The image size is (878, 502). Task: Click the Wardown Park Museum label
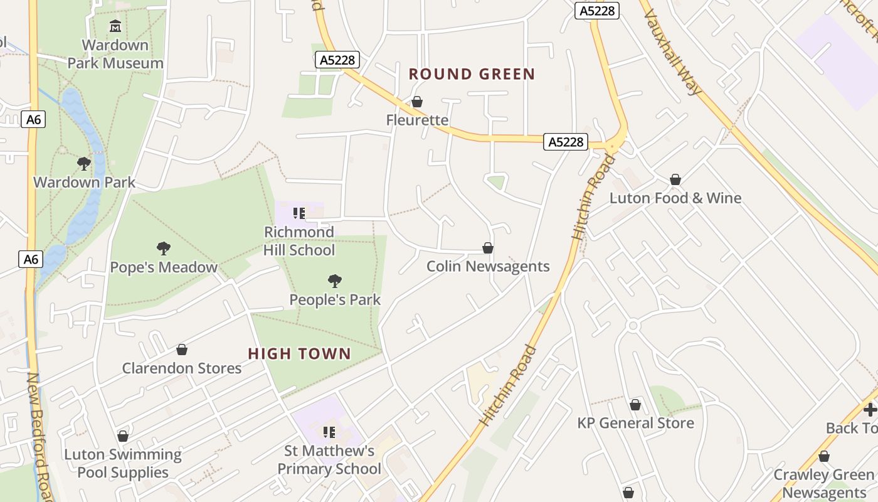click(115, 54)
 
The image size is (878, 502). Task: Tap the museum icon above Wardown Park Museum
click(115, 26)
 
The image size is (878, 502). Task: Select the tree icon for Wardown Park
click(84, 164)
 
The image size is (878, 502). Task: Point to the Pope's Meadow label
click(164, 267)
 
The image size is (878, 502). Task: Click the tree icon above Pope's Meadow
click(164, 248)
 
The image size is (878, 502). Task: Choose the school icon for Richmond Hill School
click(299, 213)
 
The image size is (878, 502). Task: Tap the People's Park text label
click(335, 300)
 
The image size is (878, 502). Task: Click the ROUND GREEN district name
click(472, 74)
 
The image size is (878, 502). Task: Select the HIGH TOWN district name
click(299, 354)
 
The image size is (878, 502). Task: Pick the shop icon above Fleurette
click(417, 102)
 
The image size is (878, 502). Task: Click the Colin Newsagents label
click(488, 267)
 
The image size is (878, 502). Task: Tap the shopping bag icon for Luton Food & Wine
click(675, 180)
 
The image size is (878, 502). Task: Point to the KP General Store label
click(635, 423)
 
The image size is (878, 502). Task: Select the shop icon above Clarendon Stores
click(182, 350)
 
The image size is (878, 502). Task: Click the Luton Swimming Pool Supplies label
click(123, 463)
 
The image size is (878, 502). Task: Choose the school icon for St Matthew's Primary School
click(329, 432)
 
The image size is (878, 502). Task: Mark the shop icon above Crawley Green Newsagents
click(824, 456)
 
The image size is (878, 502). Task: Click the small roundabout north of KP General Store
click(632, 326)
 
